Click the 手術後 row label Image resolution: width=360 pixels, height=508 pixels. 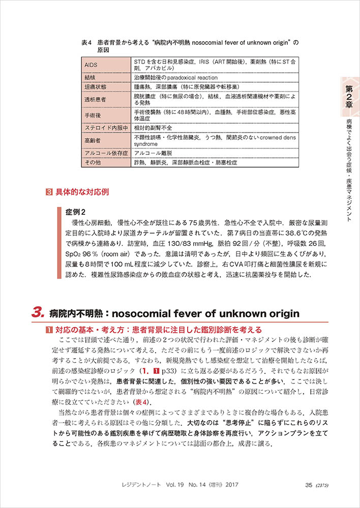[92, 115]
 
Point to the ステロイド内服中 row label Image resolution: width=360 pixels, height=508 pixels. [105, 128]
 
